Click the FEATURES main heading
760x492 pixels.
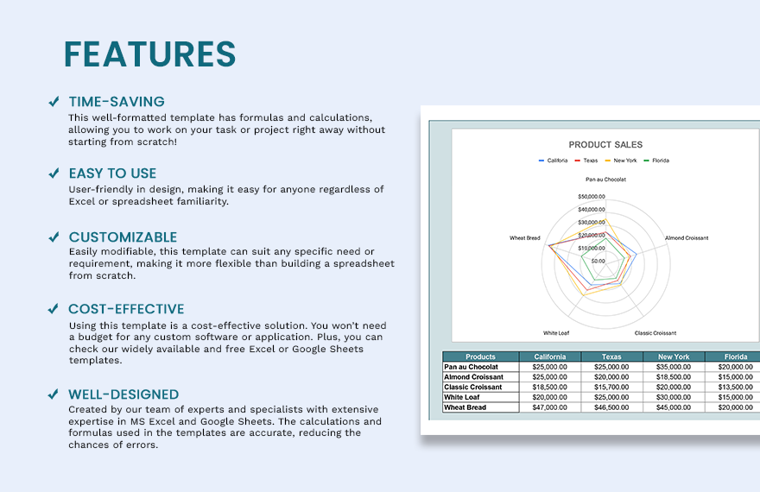[x=149, y=54]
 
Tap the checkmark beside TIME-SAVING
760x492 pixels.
[x=54, y=102]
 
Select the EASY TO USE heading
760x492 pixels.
[x=112, y=173]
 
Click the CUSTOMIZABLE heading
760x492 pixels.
[x=123, y=237]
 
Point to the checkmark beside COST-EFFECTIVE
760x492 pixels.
[x=54, y=309]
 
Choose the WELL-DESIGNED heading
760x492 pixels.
[x=123, y=394]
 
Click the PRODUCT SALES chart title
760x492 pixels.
[x=605, y=145]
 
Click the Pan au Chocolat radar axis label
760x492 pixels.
[x=605, y=180]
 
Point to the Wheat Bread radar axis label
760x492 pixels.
[x=524, y=238]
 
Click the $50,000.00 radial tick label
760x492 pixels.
[x=592, y=197]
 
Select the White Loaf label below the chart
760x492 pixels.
[x=556, y=333]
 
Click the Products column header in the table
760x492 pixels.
[x=480, y=356]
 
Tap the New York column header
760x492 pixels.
[x=673, y=356]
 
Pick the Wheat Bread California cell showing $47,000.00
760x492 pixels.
[x=549, y=407]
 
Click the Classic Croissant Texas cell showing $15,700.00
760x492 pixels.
[x=611, y=388]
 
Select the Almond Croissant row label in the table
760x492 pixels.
[x=473, y=377]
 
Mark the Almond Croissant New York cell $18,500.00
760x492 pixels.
[x=673, y=377]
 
